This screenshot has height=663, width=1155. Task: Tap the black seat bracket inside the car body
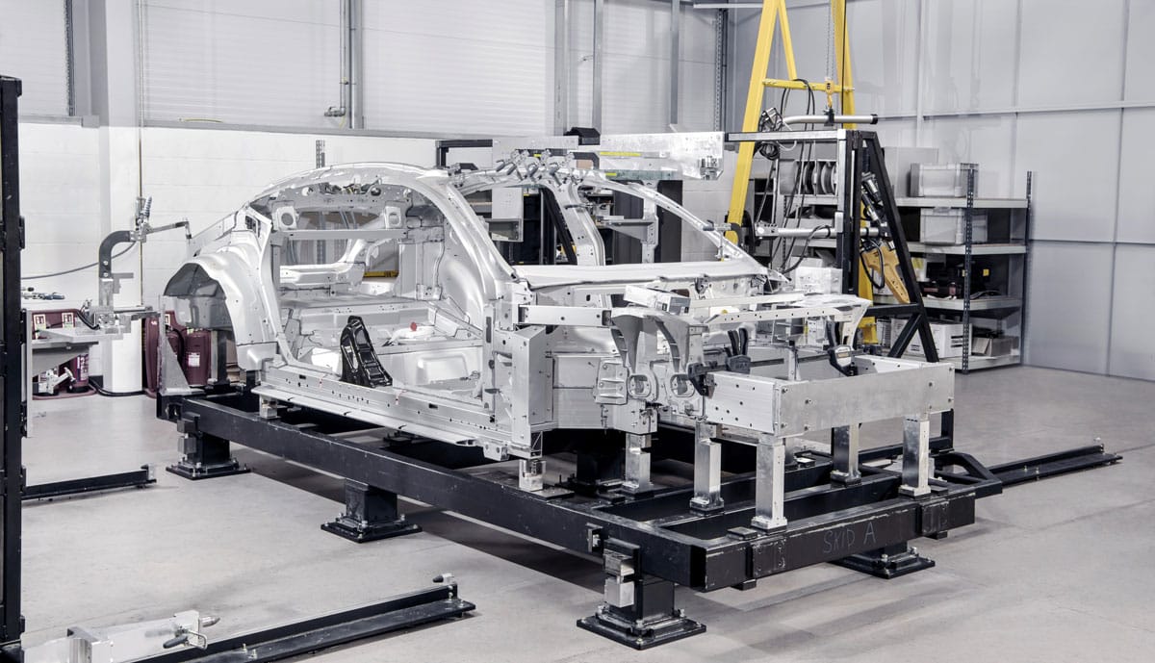coord(363,352)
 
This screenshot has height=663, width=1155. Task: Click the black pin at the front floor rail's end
coord(444,579)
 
